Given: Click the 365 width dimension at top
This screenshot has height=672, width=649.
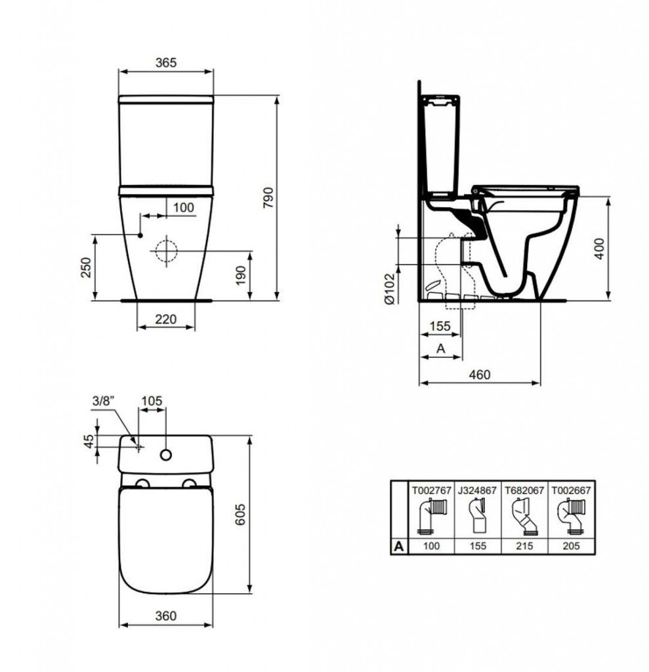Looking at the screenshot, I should click(x=165, y=62).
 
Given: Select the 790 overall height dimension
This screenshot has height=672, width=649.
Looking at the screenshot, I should click(x=267, y=198).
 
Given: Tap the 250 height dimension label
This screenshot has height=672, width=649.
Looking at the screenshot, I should click(x=86, y=267).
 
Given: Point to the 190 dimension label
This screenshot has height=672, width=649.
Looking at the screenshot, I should click(x=240, y=276).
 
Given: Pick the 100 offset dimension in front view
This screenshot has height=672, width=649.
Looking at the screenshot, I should click(x=183, y=207).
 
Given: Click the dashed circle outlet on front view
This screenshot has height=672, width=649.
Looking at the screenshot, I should click(x=167, y=250).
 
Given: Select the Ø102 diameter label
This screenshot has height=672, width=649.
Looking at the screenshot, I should click(x=388, y=288).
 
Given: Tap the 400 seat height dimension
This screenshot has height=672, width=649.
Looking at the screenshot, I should click(x=599, y=248).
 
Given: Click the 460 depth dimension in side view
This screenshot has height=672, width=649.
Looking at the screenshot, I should click(x=480, y=374).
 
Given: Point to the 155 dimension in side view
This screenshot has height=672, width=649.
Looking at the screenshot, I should click(x=440, y=326).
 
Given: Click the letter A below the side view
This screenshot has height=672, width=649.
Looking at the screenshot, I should click(x=440, y=350).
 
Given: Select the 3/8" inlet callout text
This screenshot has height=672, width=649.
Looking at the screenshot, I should click(x=104, y=400).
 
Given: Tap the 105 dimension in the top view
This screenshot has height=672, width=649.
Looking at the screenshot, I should click(x=151, y=400).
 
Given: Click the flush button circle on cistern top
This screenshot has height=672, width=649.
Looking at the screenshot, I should click(x=166, y=454).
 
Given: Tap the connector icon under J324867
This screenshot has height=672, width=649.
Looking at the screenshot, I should click(x=476, y=516).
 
